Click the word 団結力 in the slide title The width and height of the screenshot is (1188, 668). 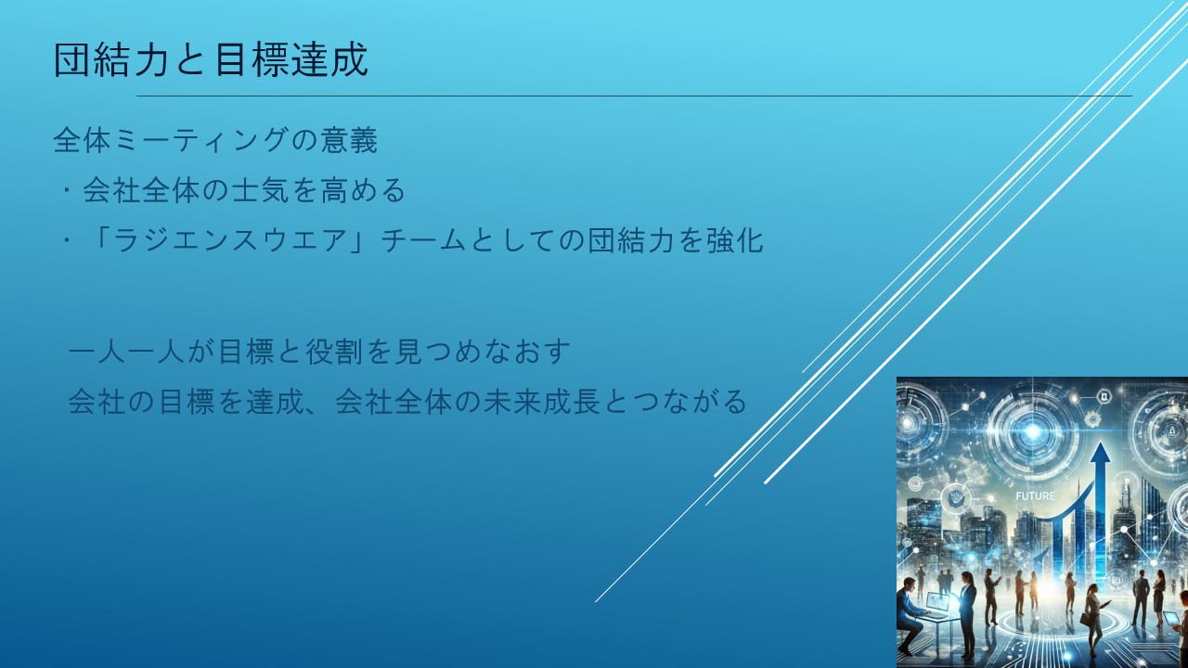tap(110, 59)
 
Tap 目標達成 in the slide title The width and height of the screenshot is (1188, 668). tap(291, 59)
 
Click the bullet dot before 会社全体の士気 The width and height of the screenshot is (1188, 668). tap(67, 190)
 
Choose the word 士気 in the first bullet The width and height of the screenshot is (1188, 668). tap(261, 190)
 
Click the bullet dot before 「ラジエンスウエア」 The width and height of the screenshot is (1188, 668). tap(67, 240)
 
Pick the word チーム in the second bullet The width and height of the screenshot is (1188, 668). tap(424, 240)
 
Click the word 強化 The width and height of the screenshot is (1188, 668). tap(734, 240)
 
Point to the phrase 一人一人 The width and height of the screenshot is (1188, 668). tap(126, 352)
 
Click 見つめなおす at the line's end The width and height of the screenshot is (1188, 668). tap(483, 352)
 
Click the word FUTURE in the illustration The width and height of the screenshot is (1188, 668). tap(1035, 496)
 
